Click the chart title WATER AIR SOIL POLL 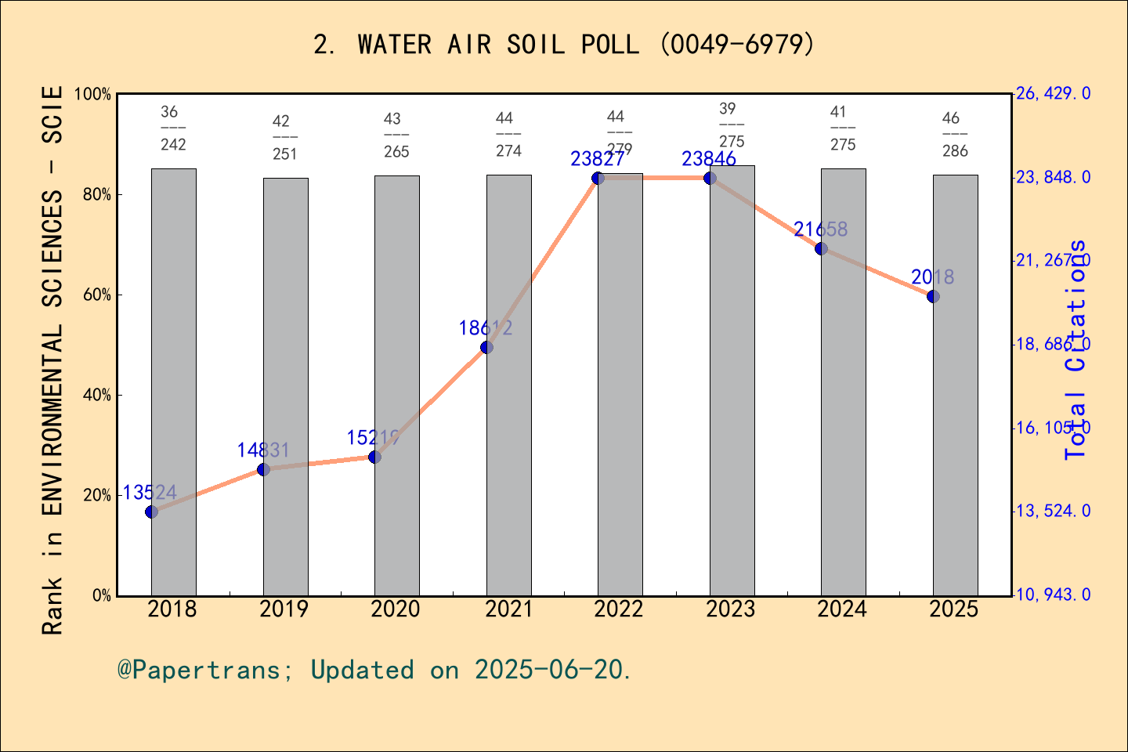coord(564,45)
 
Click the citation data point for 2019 coord(264,469)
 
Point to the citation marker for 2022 coord(598,179)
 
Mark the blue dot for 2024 coord(821,248)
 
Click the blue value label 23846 coord(709,159)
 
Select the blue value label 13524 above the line coord(150,493)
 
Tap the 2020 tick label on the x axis coord(396,609)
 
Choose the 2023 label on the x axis coord(731,609)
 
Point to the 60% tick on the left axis coord(97,295)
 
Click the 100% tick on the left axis coord(92,94)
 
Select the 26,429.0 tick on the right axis coord(1053,94)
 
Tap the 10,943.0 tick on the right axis coord(1053,595)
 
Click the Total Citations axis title coord(1076,349)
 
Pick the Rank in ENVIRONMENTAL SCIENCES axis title coord(52,360)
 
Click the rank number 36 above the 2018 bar coord(169,112)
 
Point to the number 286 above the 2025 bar coord(956,151)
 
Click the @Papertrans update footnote coord(374,671)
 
